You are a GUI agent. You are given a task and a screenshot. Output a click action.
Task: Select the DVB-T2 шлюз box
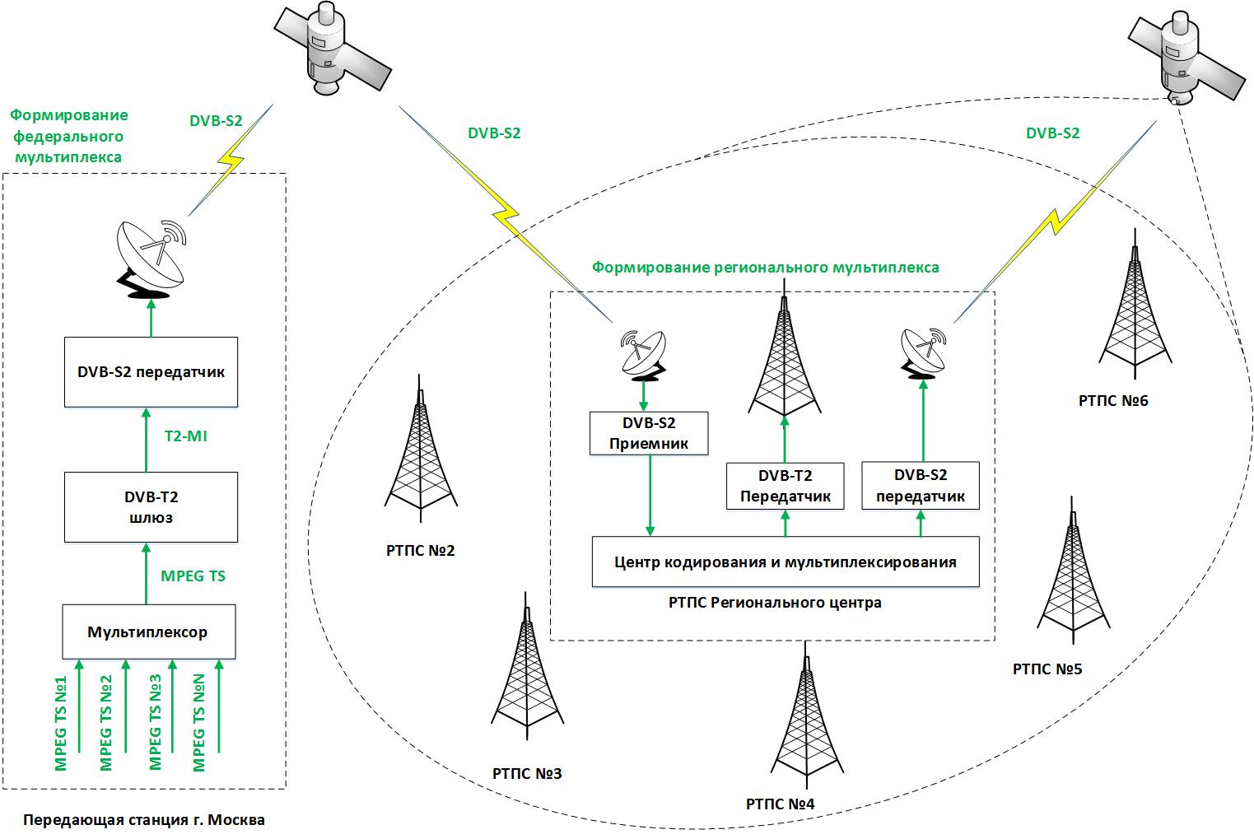click(151, 507)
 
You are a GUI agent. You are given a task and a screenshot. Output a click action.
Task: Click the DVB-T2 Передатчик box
click(785, 486)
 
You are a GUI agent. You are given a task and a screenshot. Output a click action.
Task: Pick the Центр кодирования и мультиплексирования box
click(785, 562)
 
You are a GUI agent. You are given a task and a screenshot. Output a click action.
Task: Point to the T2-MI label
click(186, 436)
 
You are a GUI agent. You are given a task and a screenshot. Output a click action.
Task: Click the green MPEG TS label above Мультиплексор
click(193, 576)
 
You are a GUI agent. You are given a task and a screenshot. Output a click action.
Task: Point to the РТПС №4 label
click(780, 804)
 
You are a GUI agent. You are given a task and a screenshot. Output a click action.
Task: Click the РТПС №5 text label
click(1047, 669)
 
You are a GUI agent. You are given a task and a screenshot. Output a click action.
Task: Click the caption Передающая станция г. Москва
click(144, 821)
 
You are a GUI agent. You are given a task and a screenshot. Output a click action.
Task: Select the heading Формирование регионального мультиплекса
click(766, 268)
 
